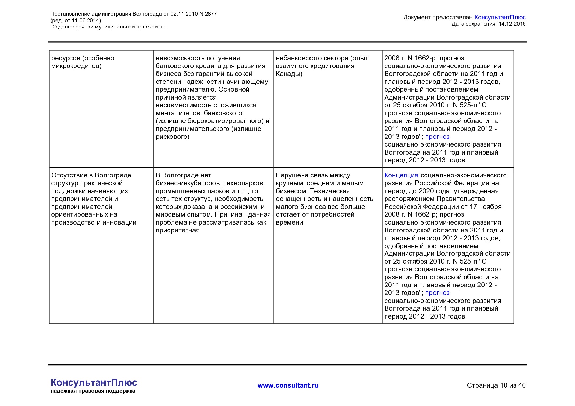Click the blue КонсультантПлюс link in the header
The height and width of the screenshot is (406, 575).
pos(500,17)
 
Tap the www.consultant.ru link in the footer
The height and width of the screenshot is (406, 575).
pos(288,385)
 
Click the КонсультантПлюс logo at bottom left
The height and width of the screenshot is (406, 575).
pos(94,382)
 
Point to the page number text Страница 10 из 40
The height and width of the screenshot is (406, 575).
pos(496,385)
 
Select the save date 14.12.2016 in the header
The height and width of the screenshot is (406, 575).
pos(512,24)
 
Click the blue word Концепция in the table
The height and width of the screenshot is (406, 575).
pos(401,175)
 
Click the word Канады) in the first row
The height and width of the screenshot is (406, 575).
pos(289,74)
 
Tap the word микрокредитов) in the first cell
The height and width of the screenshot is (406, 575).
pos(76,66)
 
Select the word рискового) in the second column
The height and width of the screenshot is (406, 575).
pos(172,137)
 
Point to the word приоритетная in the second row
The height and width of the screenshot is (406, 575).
pos(177,231)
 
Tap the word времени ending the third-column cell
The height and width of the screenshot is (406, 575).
pos(289,223)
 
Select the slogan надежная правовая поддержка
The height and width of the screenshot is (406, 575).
pos(93,391)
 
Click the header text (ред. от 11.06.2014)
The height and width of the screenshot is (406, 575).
pos(76,20)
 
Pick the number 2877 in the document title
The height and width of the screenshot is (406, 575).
pos(210,14)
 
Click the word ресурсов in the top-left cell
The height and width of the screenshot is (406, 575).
pos(66,58)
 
